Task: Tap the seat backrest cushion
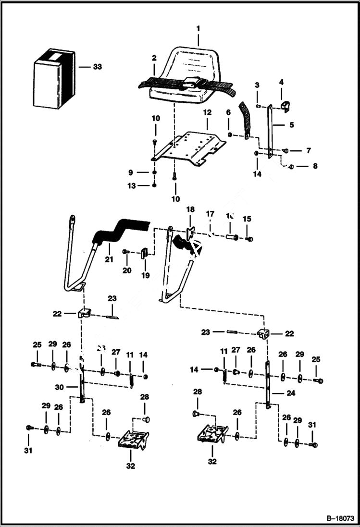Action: [188, 65]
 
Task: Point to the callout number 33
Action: [97, 67]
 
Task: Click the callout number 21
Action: [109, 260]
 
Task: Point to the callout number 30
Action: [59, 387]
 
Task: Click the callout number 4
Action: [281, 83]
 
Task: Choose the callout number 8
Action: [315, 167]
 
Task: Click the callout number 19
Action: [145, 276]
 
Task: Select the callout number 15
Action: [247, 219]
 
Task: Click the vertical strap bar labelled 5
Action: [271, 130]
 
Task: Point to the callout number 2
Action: [154, 58]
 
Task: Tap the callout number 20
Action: [126, 270]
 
